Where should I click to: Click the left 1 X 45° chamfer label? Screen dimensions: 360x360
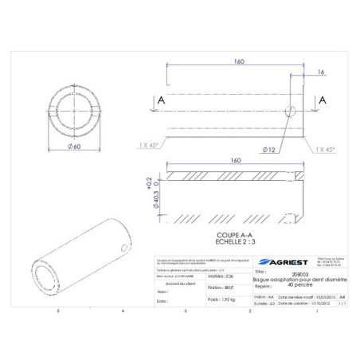point(147,145)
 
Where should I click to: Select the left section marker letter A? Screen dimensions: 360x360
point(162,101)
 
